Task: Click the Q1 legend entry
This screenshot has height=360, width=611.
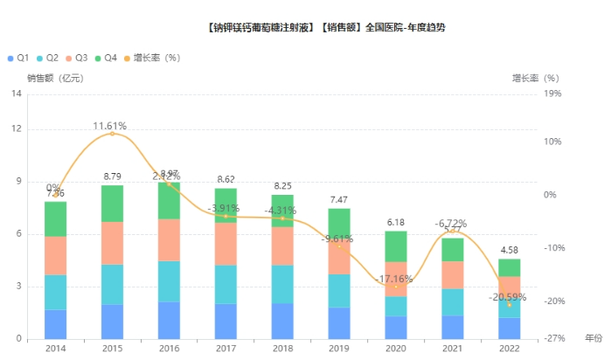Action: (x=18, y=58)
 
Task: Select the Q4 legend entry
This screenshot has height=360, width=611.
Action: (x=105, y=58)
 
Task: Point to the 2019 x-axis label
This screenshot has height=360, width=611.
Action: (x=339, y=348)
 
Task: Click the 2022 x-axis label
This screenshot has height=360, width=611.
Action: (x=509, y=348)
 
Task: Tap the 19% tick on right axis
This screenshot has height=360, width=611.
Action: (x=552, y=93)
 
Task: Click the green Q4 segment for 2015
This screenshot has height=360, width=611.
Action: (x=112, y=203)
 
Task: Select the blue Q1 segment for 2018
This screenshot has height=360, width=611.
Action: (x=282, y=321)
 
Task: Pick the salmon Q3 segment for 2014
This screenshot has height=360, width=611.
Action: (x=56, y=255)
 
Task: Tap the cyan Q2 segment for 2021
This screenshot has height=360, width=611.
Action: (x=452, y=301)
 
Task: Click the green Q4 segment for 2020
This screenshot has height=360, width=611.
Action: (x=396, y=246)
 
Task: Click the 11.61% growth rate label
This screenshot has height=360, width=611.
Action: (x=111, y=126)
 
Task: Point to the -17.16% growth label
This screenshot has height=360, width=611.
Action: (x=395, y=280)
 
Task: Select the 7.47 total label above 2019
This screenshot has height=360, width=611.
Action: (x=339, y=200)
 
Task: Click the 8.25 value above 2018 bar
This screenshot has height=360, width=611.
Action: (x=282, y=186)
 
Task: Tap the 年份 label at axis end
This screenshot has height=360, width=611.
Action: (x=593, y=337)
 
